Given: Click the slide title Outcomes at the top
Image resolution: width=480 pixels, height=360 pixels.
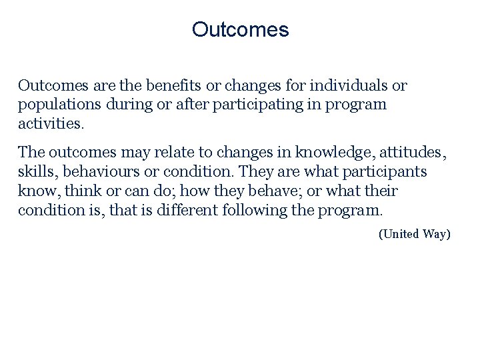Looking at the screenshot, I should tap(240, 30).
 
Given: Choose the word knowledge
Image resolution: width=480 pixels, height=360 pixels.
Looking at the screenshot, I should tap(338, 153).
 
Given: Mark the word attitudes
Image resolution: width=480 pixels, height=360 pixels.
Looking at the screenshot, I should tap(413, 153).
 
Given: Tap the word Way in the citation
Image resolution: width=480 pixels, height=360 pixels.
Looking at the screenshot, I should tap(437, 234).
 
